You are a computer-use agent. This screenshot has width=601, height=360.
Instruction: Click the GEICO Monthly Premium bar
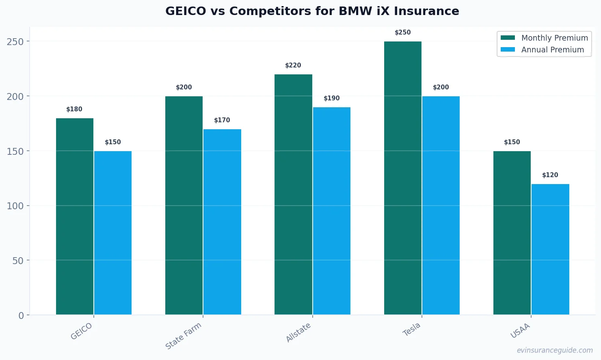point(75,216)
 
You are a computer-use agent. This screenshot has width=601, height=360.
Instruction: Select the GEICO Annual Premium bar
point(113,233)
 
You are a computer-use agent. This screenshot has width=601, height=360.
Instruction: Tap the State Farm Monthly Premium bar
point(184,205)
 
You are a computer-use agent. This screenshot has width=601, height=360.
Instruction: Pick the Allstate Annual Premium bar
point(332,211)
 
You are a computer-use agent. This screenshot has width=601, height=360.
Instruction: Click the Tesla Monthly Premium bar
point(402,178)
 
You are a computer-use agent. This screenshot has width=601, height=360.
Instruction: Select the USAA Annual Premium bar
point(550,249)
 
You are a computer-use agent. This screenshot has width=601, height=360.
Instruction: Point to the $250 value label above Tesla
point(402,33)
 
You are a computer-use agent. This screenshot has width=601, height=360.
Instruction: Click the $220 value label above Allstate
point(293,65)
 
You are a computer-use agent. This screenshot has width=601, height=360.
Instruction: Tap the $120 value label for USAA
point(550,175)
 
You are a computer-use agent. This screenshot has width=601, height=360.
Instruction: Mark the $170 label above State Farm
point(222,120)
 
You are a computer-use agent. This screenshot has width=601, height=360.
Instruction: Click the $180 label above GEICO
point(74,109)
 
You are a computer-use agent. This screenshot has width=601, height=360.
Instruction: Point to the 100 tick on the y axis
point(15,206)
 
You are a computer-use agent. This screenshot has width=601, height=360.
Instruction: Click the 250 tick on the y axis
point(15,41)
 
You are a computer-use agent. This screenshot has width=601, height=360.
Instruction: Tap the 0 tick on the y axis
point(21,316)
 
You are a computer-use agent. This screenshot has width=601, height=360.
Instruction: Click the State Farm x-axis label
point(184,336)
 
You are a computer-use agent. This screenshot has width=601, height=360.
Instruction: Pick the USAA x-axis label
point(520,331)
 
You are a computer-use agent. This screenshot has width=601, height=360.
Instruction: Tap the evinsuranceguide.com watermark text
point(554,350)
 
